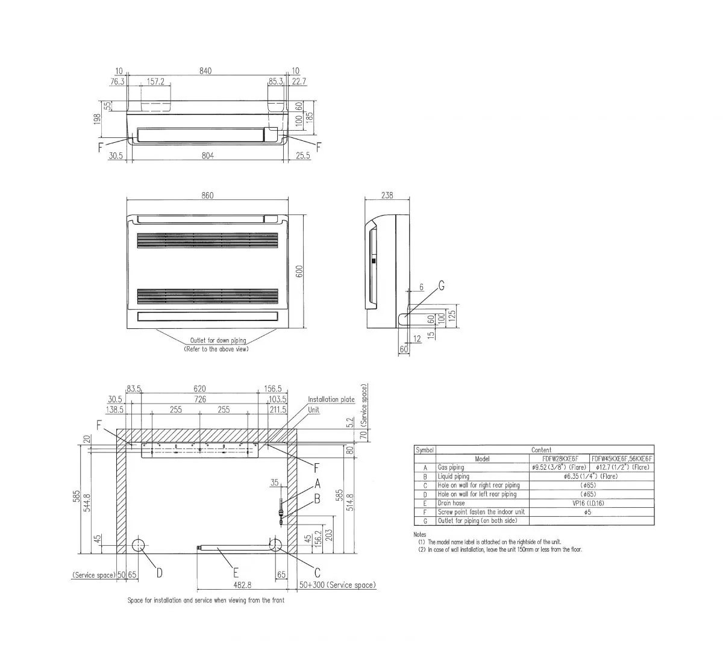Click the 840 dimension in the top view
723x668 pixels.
click(x=205, y=71)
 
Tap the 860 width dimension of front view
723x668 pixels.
click(x=208, y=195)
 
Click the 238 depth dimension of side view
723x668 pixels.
click(x=387, y=195)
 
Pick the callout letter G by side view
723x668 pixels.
click(x=441, y=287)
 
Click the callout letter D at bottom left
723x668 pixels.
click(x=159, y=573)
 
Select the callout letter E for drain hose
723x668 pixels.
click(x=236, y=573)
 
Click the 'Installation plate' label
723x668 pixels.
click(x=331, y=399)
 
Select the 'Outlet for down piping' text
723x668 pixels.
click(x=218, y=340)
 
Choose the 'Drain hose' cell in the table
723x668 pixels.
click(x=451, y=503)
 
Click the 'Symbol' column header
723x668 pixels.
click(x=425, y=450)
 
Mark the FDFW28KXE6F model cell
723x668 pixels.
click(x=560, y=459)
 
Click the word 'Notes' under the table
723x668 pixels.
click(x=420, y=535)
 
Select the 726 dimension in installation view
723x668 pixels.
click(x=200, y=399)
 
